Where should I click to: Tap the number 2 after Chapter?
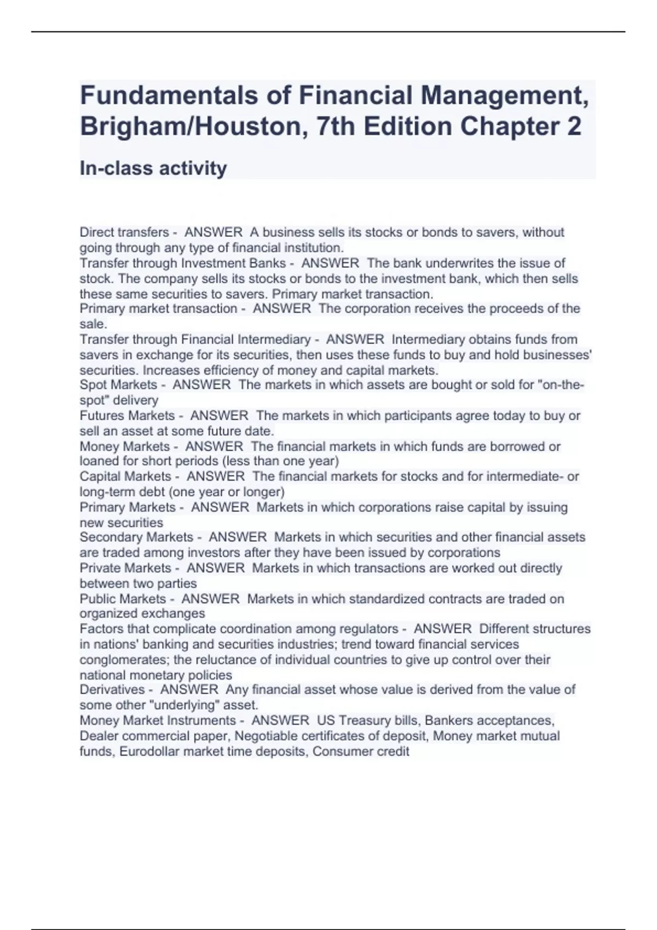point(573,126)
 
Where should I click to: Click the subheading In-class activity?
point(153,168)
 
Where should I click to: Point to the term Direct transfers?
point(124,233)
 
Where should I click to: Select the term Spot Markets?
point(118,385)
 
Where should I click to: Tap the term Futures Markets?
point(127,416)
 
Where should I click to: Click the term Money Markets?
point(125,446)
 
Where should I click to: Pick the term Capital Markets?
point(125,476)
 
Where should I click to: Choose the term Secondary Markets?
point(136,537)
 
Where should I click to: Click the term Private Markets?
point(125,568)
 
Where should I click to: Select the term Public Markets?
point(123,599)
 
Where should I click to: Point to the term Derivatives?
point(112,690)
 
